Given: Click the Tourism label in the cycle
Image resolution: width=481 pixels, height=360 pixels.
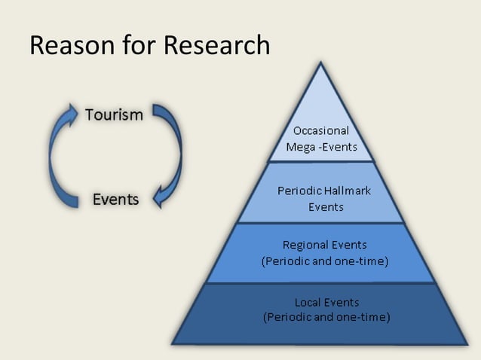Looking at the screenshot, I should tap(114, 115).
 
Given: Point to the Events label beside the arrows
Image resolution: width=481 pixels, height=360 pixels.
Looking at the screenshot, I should tap(115, 200).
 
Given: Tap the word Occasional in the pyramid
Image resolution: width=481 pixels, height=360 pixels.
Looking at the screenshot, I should tap(321, 130).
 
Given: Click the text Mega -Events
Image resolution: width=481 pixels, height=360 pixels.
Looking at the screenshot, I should tap(321, 147).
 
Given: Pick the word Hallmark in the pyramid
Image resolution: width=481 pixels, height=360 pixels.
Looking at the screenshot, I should tap(348, 191).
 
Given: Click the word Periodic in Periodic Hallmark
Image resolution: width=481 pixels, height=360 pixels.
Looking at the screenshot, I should tap(299, 191).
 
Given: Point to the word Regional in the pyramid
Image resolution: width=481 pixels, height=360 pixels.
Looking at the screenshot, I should tap(305, 245).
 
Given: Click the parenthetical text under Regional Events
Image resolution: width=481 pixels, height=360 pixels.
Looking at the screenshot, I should tap(325, 261).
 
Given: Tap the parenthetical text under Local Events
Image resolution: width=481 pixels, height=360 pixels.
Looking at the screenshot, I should tap(326, 317).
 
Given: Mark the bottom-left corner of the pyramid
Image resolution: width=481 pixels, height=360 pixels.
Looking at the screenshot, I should tap(173, 344).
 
